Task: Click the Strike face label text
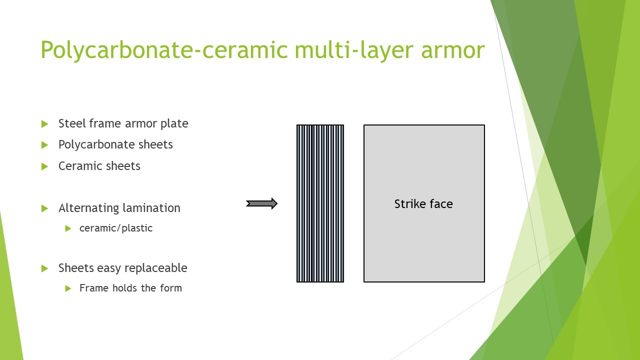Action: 423,204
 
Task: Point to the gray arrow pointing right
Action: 261,203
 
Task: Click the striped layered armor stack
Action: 320,203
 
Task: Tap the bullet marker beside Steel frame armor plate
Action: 44,123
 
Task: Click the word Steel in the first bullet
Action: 71,123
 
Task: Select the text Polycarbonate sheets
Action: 115,144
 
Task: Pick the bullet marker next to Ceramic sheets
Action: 44,166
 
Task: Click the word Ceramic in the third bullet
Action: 78,166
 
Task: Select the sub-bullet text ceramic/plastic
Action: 115,228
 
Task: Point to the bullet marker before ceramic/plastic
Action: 68,228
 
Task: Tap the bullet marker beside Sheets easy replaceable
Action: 44,268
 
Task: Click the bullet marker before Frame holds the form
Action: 68,288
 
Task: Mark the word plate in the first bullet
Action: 174,123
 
